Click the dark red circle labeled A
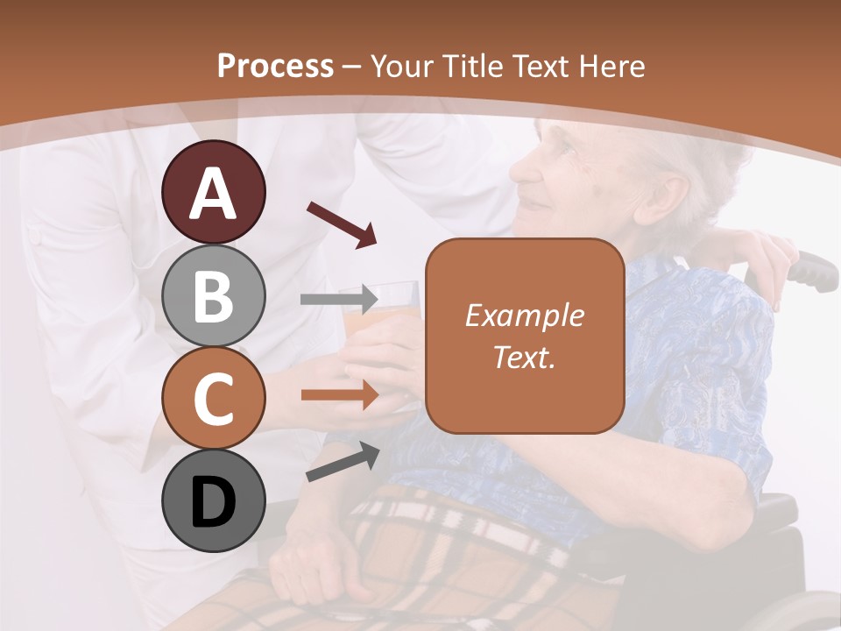pos(213,193)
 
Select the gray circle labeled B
pos(213,295)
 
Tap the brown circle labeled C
pos(213,398)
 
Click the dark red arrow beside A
pos(342,223)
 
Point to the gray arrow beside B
pos(339,300)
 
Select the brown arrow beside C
pos(339,395)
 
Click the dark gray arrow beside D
pos(343,462)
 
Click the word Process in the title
pos(275,67)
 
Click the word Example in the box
pos(524,315)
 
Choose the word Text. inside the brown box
pos(524,357)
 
